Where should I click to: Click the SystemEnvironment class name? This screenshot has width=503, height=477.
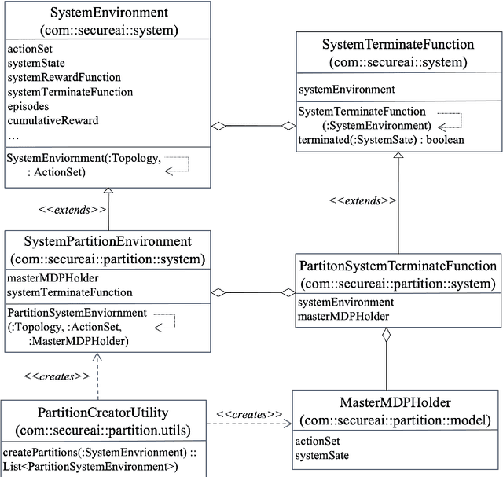point(108,13)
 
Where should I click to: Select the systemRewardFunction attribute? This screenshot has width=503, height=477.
point(64,77)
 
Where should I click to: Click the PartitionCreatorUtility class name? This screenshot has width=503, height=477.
point(103,412)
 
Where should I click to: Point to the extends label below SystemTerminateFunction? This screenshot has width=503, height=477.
point(363,200)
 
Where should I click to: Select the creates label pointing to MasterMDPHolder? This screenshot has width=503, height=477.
point(250,414)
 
